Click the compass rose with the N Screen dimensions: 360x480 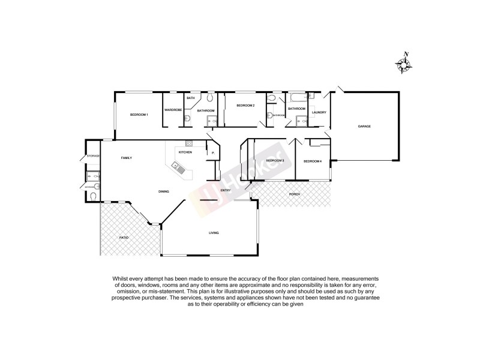pyautogui.click(x=403, y=64)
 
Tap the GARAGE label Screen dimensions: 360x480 pyautogui.click(x=364, y=127)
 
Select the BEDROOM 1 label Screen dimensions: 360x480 pyautogui.click(x=139, y=115)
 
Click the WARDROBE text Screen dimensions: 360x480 pyautogui.click(x=173, y=110)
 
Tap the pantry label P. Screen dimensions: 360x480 pyautogui.click(x=213, y=154)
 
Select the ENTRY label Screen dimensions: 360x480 pyautogui.click(x=226, y=191)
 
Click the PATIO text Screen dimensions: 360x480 pyautogui.click(x=124, y=238)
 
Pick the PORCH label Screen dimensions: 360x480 pyautogui.click(x=294, y=194)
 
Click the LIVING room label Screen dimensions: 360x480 pyautogui.click(x=214, y=233)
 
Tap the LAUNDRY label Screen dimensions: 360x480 pyautogui.click(x=319, y=112)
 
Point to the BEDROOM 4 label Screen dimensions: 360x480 pyautogui.click(x=312, y=161)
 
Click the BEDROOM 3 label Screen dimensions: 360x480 pyautogui.click(x=275, y=161)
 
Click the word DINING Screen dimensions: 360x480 pyautogui.click(x=163, y=191)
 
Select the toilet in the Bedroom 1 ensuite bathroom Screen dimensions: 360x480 pyautogui.click(x=209, y=97)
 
